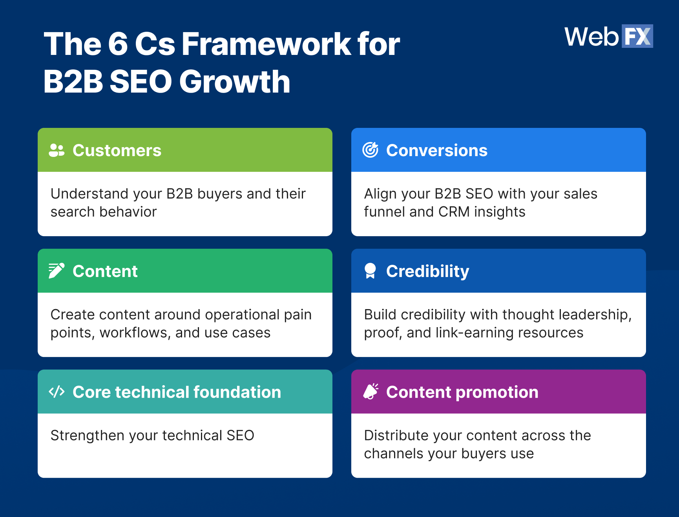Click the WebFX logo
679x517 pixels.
click(608, 36)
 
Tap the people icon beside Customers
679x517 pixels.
click(57, 150)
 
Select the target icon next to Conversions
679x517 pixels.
click(370, 150)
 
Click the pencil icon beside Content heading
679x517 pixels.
click(56, 271)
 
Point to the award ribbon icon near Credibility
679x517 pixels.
click(370, 271)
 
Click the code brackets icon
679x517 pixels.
click(57, 391)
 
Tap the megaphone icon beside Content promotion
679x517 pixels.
click(371, 391)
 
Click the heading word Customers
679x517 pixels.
click(117, 151)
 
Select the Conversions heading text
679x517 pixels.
click(436, 151)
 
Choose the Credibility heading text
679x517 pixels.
click(427, 271)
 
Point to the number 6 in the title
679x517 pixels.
click(118, 44)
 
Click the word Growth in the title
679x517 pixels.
click(235, 82)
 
